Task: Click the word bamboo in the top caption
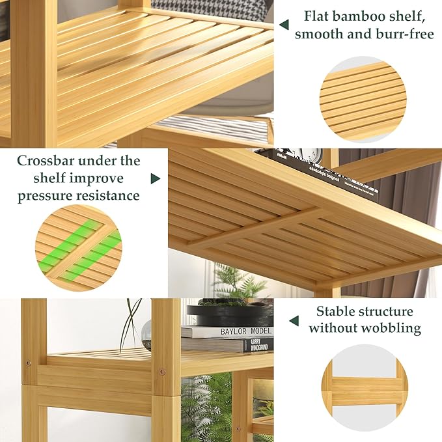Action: (366, 16)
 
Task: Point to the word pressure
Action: (44, 195)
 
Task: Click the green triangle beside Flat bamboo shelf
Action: (284, 24)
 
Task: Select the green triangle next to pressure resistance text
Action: (156, 178)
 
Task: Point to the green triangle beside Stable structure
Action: (294, 320)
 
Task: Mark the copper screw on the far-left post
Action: (28, 362)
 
